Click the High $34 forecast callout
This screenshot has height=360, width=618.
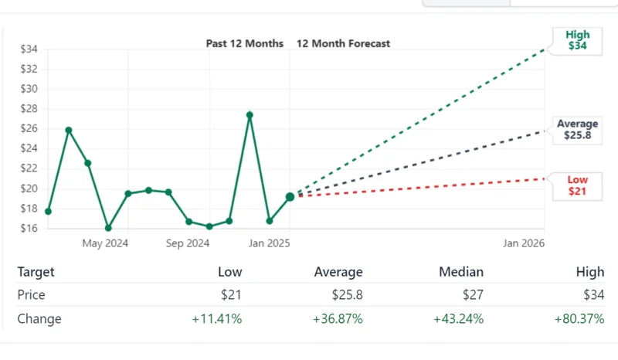(x=577, y=40)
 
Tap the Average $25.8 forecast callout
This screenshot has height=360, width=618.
(x=577, y=130)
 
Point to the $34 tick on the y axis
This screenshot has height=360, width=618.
(x=29, y=49)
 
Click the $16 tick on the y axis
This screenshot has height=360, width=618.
(x=29, y=229)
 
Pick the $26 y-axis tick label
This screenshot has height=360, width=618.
(x=29, y=129)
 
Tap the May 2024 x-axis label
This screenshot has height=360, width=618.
(x=105, y=243)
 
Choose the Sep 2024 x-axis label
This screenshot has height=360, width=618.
(x=187, y=243)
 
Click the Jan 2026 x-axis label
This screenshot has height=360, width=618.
(x=524, y=243)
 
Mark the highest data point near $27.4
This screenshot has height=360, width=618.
(x=250, y=115)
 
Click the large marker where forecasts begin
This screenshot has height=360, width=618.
(x=290, y=197)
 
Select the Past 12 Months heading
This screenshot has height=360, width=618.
(x=244, y=43)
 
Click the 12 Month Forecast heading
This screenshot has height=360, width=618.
(x=343, y=43)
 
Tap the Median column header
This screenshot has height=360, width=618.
(x=461, y=272)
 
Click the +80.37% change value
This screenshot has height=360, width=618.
(x=579, y=319)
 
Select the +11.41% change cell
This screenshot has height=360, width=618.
(x=216, y=319)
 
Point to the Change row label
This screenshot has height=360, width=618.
(x=39, y=319)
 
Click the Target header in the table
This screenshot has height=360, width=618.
(x=36, y=272)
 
